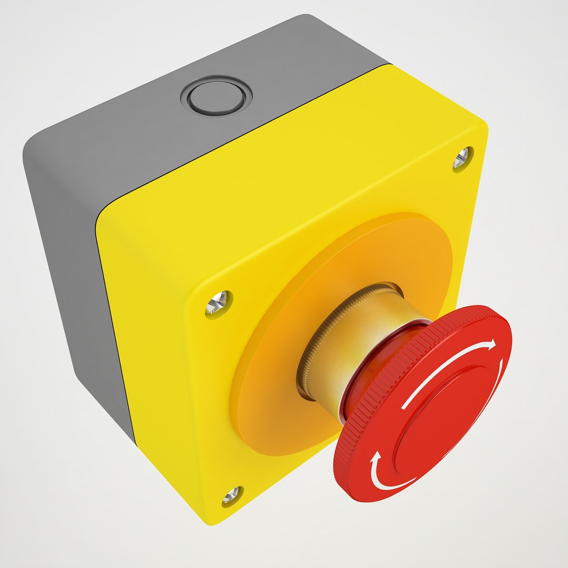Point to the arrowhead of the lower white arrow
point(375,458)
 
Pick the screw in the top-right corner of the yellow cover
point(461,157)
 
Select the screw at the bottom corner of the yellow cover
point(231,495)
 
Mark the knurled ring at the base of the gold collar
point(305,363)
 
